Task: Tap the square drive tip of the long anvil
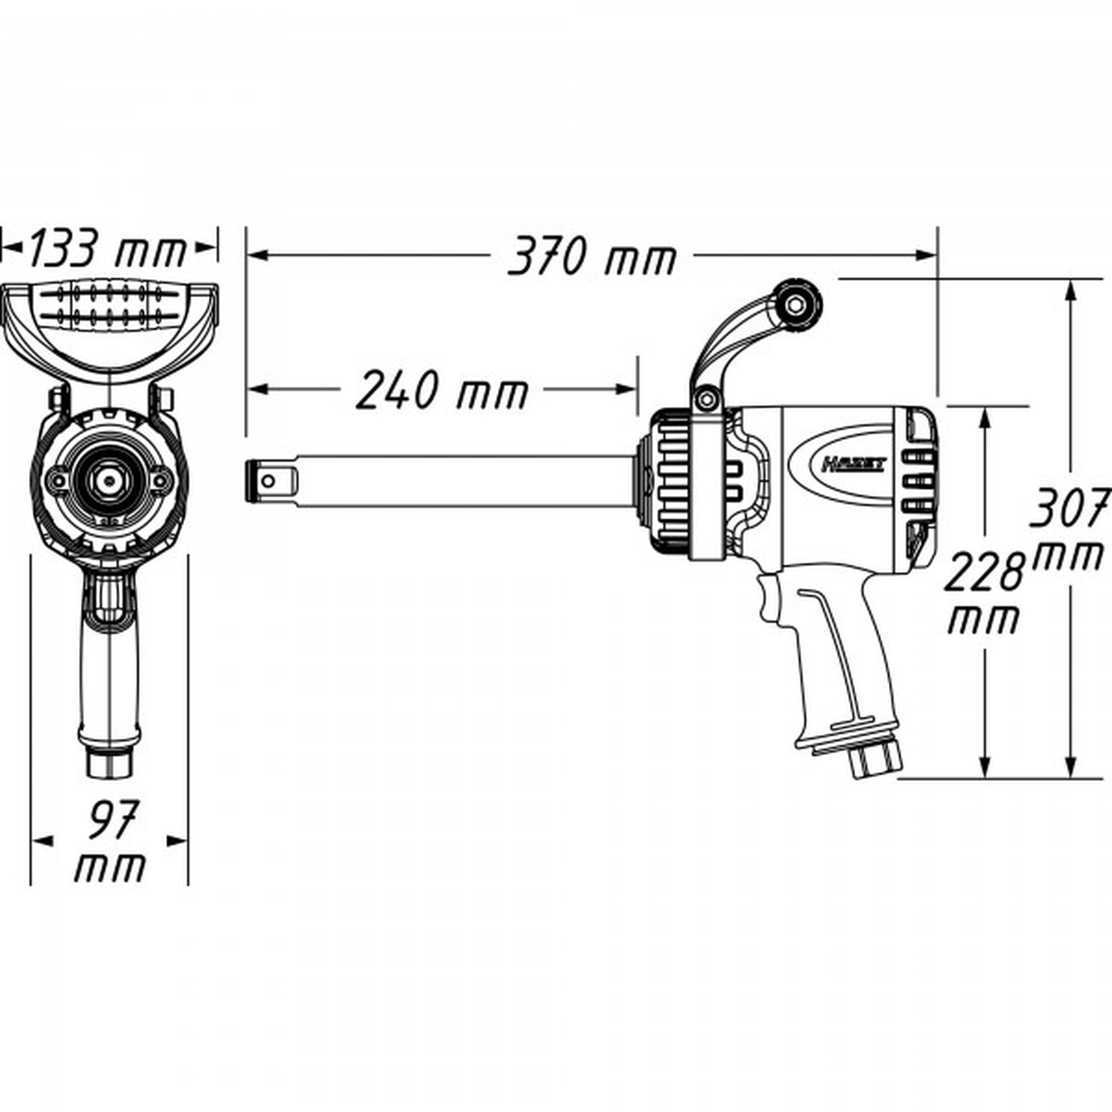[x=270, y=481]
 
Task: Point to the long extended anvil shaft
[x=460, y=481]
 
